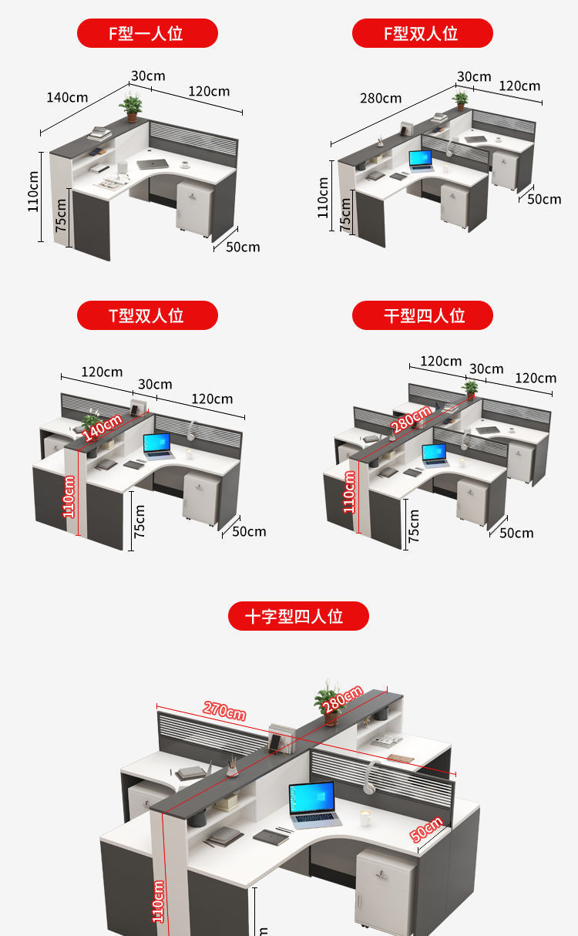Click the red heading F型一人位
click(x=147, y=34)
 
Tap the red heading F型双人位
click(x=422, y=34)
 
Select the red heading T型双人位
click(x=147, y=315)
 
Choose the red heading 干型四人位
click(x=422, y=315)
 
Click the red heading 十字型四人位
click(x=298, y=616)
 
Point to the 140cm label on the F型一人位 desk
click(x=67, y=97)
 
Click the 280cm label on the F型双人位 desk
click(x=380, y=98)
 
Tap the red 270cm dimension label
click(x=224, y=710)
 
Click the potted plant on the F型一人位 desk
click(x=131, y=106)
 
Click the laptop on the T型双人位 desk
click(x=158, y=446)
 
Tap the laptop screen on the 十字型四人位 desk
click(x=312, y=801)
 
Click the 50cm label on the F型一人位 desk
click(x=243, y=247)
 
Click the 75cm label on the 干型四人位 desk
click(x=414, y=525)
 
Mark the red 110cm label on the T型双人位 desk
click(x=69, y=497)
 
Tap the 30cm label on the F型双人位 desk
click(x=474, y=76)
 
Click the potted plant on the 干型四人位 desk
click(x=469, y=389)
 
